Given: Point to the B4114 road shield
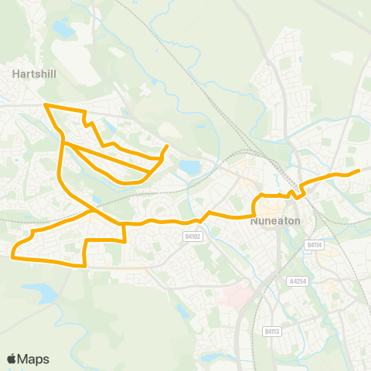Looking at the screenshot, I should (x=313, y=244).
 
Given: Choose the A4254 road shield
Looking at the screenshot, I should (x=299, y=281).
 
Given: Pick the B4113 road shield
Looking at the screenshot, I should (x=271, y=332).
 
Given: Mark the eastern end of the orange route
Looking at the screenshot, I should (x=359, y=171).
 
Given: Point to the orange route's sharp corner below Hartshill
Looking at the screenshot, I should (x=46, y=104).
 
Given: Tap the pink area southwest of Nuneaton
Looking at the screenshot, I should (x=232, y=297).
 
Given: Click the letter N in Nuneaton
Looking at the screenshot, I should (x=254, y=220).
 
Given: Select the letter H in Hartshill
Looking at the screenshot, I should (x=16, y=75).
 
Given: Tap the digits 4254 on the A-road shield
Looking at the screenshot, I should (x=301, y=281).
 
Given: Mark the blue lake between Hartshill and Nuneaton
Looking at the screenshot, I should (x=188, y=166).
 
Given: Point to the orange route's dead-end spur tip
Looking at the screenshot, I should (x=168, y=146).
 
